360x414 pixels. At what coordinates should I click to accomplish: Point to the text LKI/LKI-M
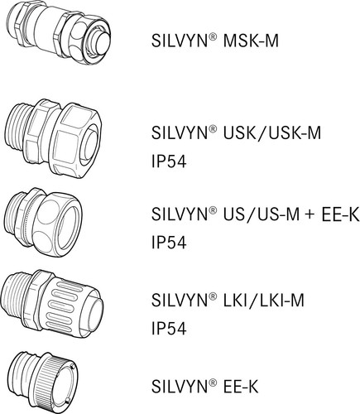[x=248, y=300]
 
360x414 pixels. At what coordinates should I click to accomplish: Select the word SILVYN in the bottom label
[x=177, y=384]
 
